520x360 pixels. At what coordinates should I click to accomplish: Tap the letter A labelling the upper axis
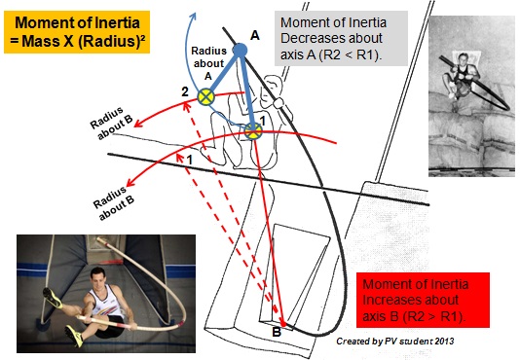click(255, 34)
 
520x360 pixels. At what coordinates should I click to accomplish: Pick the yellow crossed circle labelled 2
click(206, 96)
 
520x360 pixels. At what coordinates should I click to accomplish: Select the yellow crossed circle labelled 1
click(254, 130)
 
